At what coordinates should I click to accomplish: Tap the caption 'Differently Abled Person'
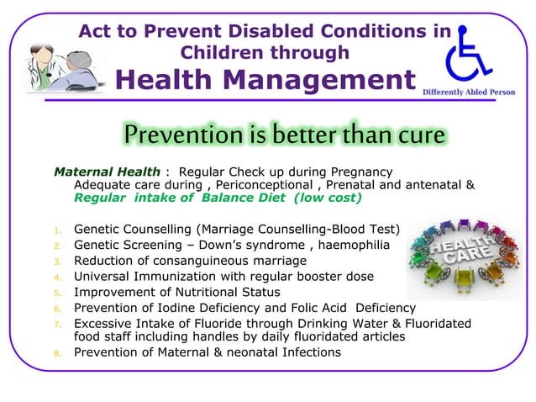click(468, 92)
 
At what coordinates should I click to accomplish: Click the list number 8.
click(57, 353)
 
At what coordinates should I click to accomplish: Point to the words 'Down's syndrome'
click(253, 245)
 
